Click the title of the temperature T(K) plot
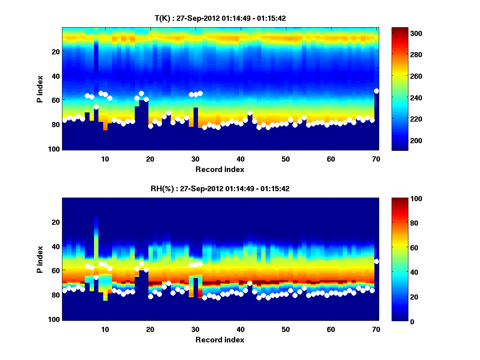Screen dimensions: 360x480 (x=220, y=18)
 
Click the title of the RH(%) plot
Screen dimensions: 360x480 (x=220, y=188)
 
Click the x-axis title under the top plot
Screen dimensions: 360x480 (x=220, y=169)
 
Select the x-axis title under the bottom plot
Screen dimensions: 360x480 (x=220, y=340)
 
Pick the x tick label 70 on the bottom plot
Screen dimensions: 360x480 (x=376, y=329)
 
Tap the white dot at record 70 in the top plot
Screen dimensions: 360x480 (x=376, y=91)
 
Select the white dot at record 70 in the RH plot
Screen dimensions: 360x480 (x=376, y=261)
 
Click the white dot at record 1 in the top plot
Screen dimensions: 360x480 (x=65, y=120)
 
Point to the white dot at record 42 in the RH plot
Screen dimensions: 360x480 (x=250, y=283)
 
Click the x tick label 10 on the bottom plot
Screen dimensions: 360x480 (x=105, y=329)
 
